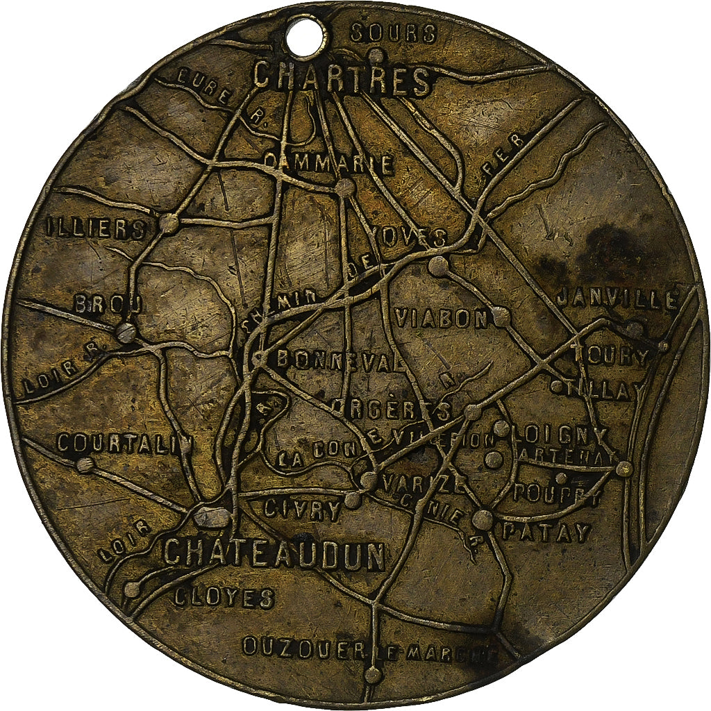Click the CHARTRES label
point(343,79)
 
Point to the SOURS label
point(393,33)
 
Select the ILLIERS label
point(96,228)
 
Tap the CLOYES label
point(224,598)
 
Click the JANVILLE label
point(617,300)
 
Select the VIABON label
point(442,318)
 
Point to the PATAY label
point(546,533)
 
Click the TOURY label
point(610,356)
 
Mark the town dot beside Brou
point(126,332)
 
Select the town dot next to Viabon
point(501,317)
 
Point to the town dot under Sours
point(376,56)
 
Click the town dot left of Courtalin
point(85,465)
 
